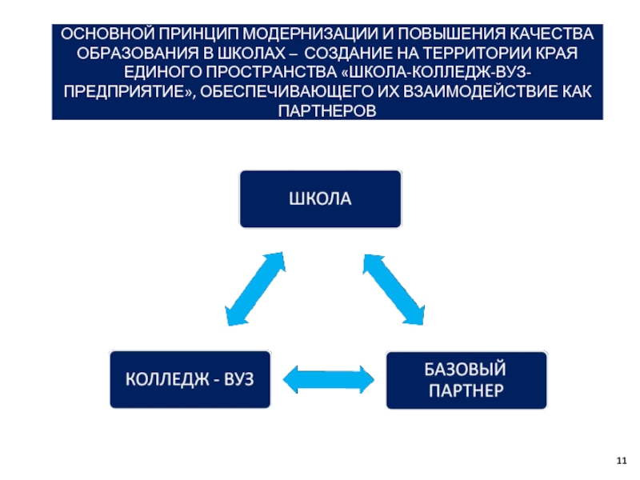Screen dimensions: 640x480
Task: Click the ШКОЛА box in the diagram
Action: pos(321,198)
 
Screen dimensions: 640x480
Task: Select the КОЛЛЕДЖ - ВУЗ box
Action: pos(190,379)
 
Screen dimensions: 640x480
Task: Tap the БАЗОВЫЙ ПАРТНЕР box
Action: pos(466,380)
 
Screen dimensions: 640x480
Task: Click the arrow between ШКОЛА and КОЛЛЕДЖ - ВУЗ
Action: pos(255,289)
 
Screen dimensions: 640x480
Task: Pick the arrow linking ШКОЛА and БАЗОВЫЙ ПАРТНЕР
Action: pos(394,290)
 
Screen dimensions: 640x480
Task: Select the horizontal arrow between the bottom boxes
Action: pos(329,379)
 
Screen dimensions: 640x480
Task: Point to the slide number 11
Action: pos(622,461)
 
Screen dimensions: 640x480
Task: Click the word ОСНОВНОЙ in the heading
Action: pos(108,34)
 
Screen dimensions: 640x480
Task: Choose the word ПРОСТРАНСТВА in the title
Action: pos(271,72)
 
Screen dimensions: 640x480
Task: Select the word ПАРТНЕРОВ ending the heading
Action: pos(327,110)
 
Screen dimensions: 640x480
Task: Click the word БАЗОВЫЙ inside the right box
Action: pos(466,370)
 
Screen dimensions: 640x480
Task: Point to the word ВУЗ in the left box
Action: pos(238,379)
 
